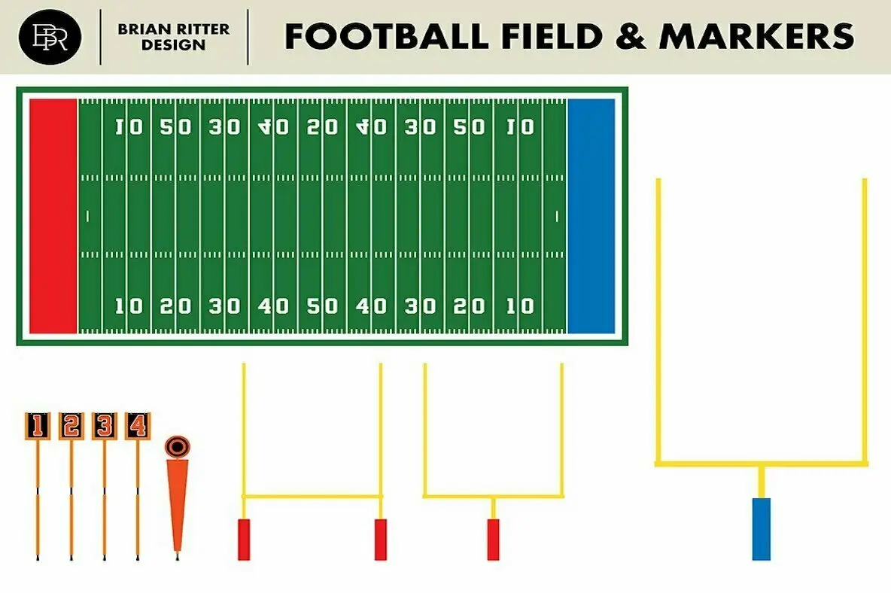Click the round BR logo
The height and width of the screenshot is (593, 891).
click(x=51, y=36)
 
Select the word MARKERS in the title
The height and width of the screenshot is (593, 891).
click(x=756, y=36)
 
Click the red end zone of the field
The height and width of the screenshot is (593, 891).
click(x=53, y=216)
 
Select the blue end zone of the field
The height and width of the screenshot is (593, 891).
click(x=591, y=216)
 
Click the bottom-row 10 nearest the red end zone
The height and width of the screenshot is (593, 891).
click(x=129, y=306)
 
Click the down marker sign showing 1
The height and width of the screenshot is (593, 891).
click(x=37, y=426)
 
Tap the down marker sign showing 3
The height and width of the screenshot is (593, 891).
click(x=104, y=426)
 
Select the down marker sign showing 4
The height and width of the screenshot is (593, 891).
click(x=137, y=426)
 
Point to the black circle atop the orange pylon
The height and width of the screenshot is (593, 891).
click(x=177, y=446)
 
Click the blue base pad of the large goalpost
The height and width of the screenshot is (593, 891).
click(x=762, y=528)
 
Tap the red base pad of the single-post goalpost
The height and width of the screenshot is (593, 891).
click(x=493, y=539)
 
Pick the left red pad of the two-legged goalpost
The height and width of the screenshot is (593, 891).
click(x=244, y=539)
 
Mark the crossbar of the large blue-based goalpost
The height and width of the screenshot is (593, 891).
click(x=761, y=464)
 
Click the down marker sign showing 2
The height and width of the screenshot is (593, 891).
click(x=71, y=426)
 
